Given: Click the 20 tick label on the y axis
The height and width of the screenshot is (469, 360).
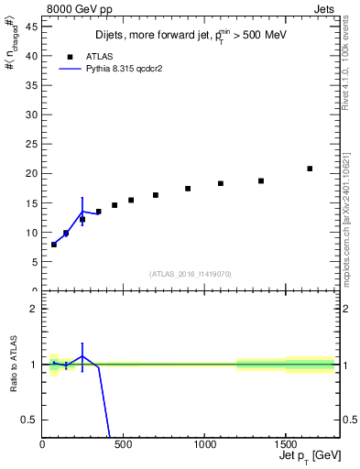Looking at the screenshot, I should click(31, 173).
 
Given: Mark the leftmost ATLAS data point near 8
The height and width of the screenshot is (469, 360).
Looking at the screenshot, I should click(54, 245).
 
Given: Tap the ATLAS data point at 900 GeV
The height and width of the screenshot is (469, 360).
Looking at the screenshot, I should click(188, 189).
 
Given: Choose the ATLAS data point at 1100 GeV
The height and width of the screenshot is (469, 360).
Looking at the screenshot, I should click(221, 183).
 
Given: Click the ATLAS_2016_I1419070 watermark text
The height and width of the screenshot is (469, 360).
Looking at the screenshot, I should click(191, 273).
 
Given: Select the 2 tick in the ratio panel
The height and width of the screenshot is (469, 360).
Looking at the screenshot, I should click(34, 309).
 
